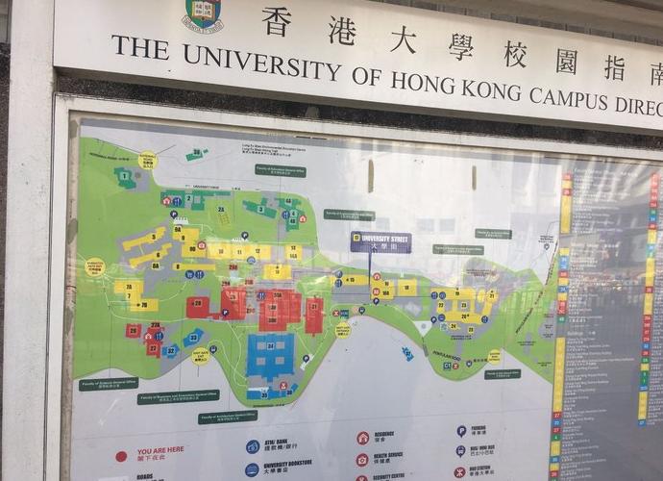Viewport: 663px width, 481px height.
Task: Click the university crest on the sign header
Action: (x=203, y=13)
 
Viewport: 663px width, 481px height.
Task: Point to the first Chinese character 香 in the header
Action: (x=277, y=21)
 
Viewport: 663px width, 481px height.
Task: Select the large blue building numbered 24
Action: (x=271, y=354)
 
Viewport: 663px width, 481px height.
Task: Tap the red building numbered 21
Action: (x=314, y=315)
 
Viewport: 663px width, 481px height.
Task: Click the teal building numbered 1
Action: (x=125, y=176)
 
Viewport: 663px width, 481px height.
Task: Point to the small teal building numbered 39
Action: (x=196, y=153)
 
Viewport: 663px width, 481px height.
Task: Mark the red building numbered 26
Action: (x=133, y=330)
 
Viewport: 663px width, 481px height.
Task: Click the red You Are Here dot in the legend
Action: (x=121, y=455)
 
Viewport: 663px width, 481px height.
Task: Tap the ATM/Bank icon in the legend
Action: (x=252, y=446)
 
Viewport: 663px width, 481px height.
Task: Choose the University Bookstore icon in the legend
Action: (x=252, y=469)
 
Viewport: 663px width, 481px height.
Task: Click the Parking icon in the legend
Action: (x=461, y=431)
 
